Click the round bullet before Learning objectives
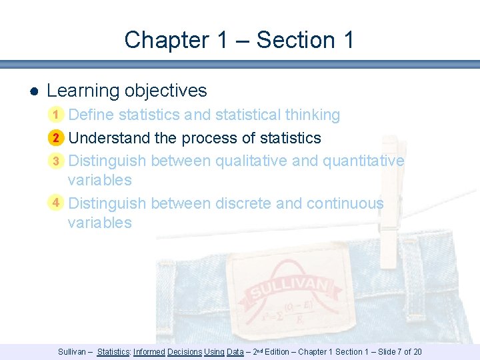pos(33,91)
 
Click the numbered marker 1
pos(57,115)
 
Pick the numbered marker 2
pos(57,138)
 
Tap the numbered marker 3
pos(57,161)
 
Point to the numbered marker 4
pos(57,202)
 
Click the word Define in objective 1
pos(91,115)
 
